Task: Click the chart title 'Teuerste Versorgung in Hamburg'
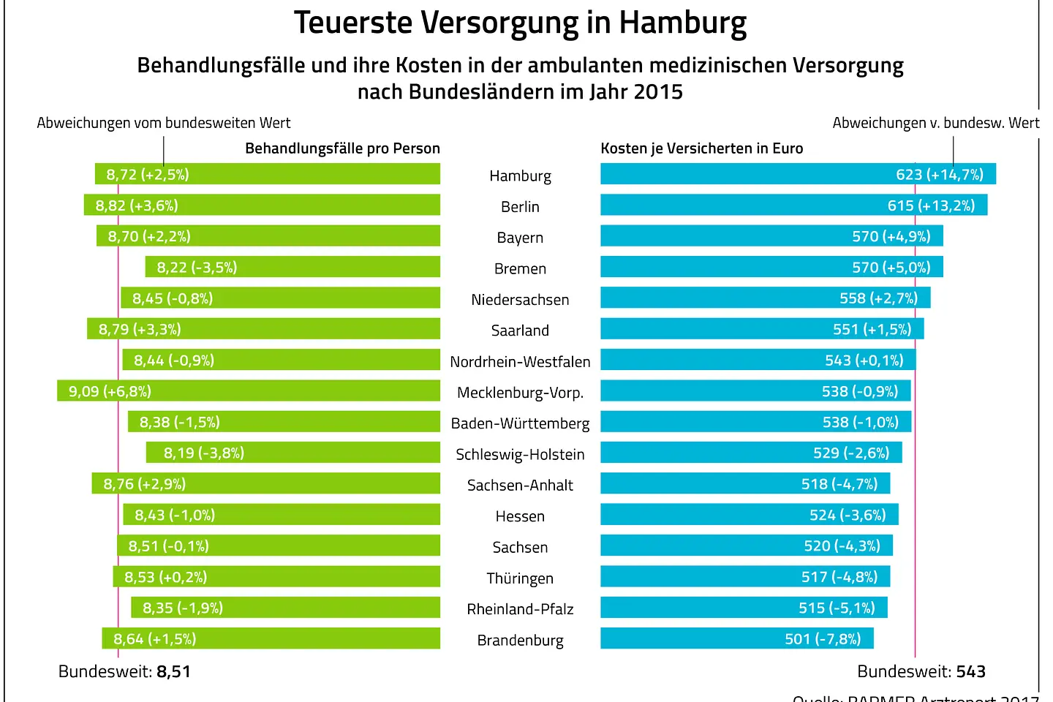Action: pos(520,23)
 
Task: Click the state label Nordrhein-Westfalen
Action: pos(520,361)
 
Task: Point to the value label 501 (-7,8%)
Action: pos(823,639)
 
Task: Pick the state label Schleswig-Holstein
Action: pos(520,454)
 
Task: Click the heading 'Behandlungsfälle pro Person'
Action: pos(342,148)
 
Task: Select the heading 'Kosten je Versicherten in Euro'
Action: pos(701,148)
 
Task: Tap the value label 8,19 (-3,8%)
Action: pos(203,453)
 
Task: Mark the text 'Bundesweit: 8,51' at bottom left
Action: pos(124,671)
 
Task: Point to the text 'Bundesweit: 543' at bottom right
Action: pos(921,671)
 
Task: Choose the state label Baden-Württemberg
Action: pos(520,423)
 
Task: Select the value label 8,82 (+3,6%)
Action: pos(137,205)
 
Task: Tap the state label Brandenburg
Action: pos(520,641)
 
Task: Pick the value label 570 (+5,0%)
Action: pos(891,268)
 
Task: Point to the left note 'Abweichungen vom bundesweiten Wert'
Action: pos(164,123)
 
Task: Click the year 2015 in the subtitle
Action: pos(657,92)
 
